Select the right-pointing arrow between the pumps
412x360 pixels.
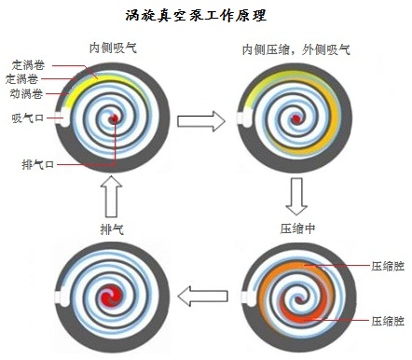(x=202, y=119)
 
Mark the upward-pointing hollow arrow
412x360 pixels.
(x=112, y=195)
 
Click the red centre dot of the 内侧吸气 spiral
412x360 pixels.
(x=114, y=119)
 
